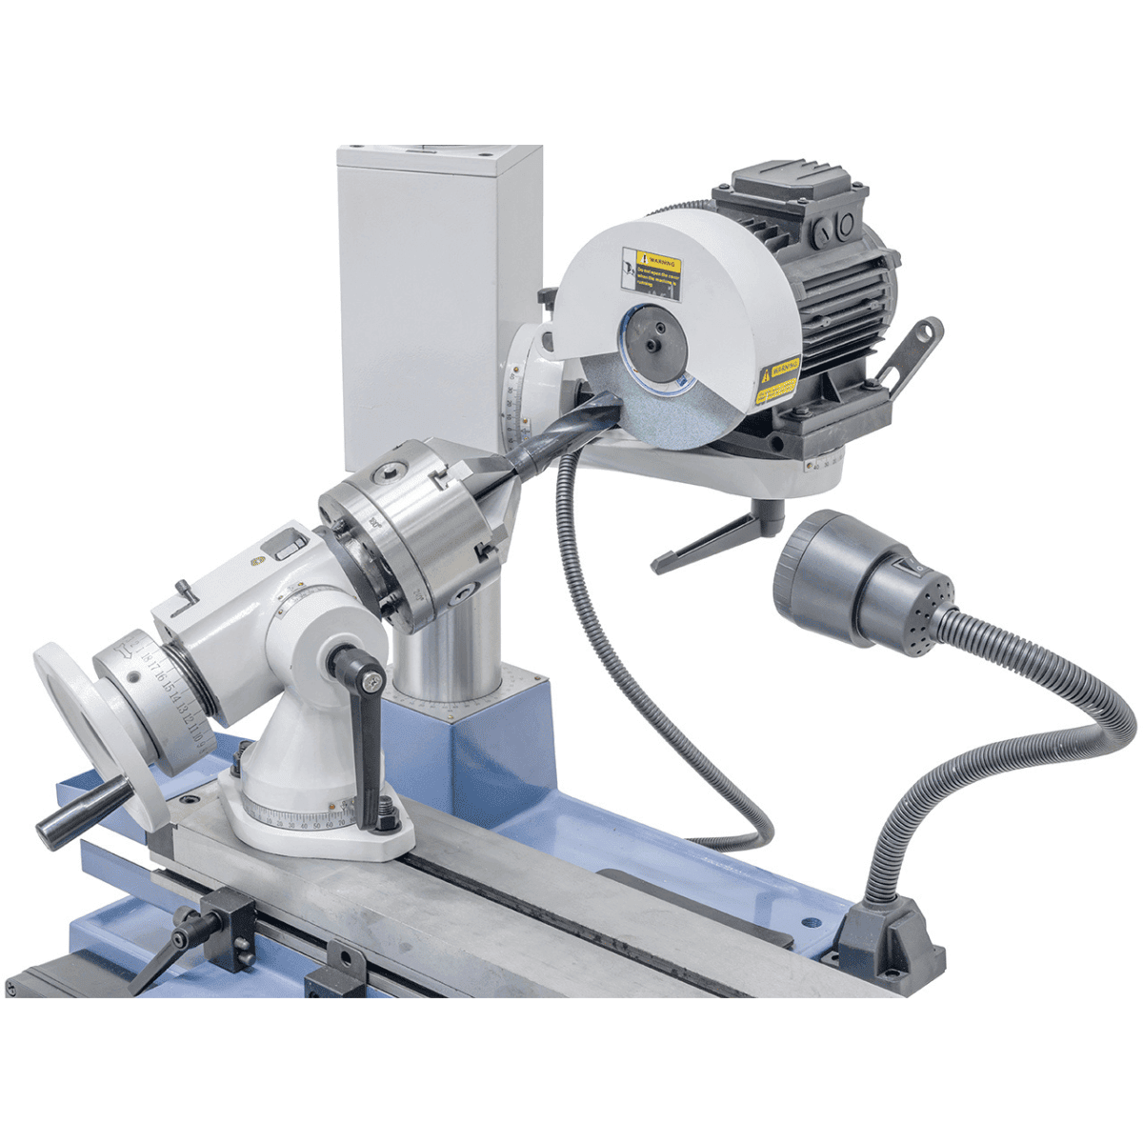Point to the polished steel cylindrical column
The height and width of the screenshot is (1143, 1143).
pos(448,648)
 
